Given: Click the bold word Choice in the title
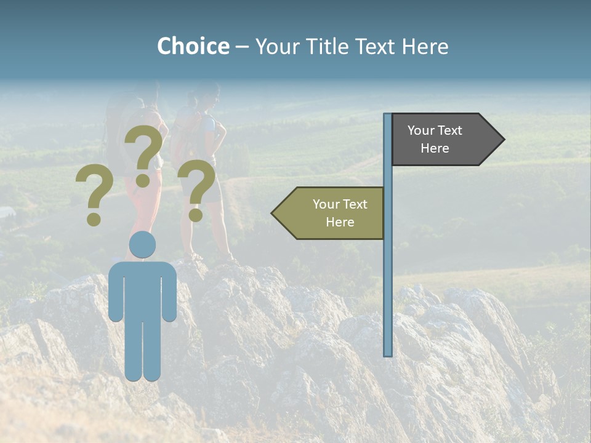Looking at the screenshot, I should point(193,46).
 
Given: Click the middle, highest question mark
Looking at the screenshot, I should point(144,151).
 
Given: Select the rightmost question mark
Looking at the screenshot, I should point(197,188).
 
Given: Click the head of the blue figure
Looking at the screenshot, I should point(142,244).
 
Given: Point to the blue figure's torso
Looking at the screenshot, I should point(142,289).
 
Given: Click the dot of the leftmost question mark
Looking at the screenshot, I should point(94,219).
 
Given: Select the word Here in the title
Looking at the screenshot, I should point(425,46).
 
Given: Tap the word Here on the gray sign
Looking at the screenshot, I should point(435,148).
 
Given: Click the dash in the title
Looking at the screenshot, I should point(242,47).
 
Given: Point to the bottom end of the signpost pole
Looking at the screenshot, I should point(388,353).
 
